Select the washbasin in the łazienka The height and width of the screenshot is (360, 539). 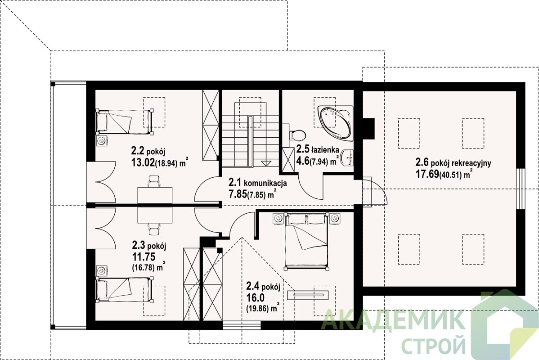pyautogui.click(x=349, y=158)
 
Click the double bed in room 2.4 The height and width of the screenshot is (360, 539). pyautogui.click(x=306, y=241)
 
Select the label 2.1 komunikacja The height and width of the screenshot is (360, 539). pyautogui.click(x=258, y=183)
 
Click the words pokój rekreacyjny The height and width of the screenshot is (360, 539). pyautogui.click(x=461, y=163)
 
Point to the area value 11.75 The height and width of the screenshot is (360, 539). pyautogui.click(x=144, y=256)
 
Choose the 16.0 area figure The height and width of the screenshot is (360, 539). pyautogui.click(x=255, y=297)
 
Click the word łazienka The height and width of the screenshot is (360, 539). pyautogui.click(x=325, y=150)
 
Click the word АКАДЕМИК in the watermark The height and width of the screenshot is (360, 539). pyautogui.click(x=393, y=320)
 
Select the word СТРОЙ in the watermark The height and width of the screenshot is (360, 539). pyautogui.click(x=433, y=344)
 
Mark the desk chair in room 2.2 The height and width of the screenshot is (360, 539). pyautogui.click(x=154, y=181)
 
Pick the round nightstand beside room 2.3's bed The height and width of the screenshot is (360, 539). pyautogui.click(x=102, y=270)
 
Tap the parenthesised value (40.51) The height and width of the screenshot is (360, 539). pyautogui.click(x=450, y=175)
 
